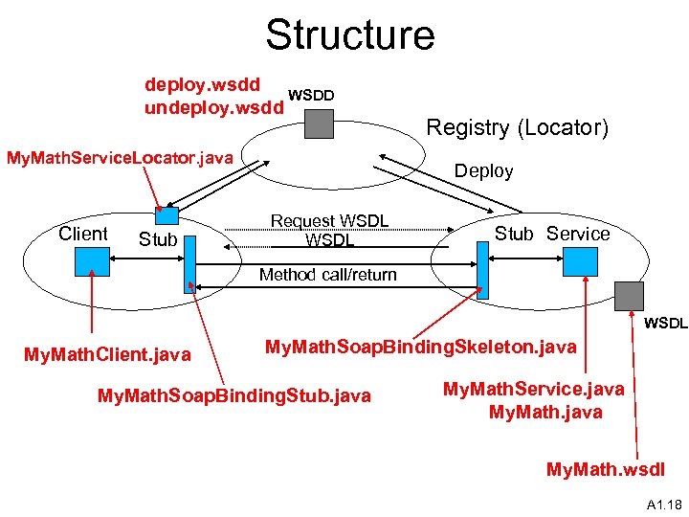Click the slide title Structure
click(x=349, y=34)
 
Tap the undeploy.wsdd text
click(x=213, y=107)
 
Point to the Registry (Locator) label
click(x=517, y=127)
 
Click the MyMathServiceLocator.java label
click(x=121, y=157)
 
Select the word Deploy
click(x=483, y=171)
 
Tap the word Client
click(x=83, y=234)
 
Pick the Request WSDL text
click(x=329, y=221)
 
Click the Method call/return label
click(x=328, y=275)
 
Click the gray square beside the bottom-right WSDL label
click(x=631, y=296)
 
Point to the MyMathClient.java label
click(x=107, y=355)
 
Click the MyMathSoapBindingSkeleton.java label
click(x=420, y=347)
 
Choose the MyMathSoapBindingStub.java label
click(x=234, y=395)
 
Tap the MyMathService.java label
click(x=533, y=389)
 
